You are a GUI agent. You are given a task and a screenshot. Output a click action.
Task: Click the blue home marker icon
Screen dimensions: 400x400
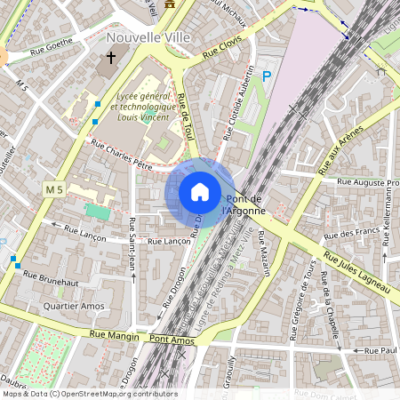click(200, 192)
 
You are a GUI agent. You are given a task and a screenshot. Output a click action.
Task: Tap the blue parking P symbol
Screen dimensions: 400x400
click(266, 78)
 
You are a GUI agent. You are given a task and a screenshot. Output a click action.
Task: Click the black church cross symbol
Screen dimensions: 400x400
click(111, 59)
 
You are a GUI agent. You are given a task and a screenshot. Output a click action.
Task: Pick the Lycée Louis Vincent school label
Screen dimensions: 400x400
click(146, 106)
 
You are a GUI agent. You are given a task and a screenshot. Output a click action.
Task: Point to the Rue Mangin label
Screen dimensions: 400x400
click(115, 336)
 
